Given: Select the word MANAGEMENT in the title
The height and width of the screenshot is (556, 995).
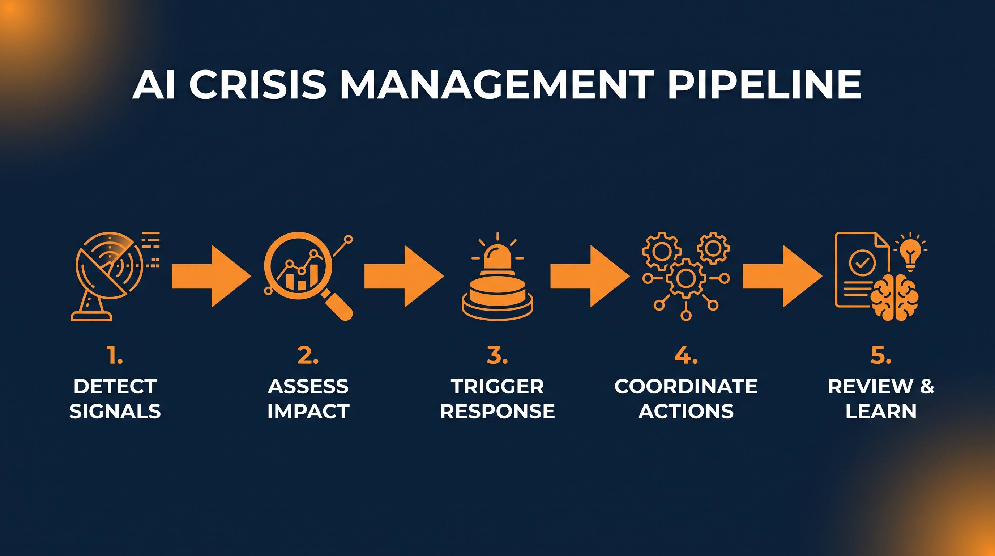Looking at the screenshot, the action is [x=494, y=85].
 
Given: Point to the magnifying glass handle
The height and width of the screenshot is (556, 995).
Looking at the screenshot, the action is [x=338, y=305].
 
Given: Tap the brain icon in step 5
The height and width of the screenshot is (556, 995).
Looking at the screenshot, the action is [x=894, y=297].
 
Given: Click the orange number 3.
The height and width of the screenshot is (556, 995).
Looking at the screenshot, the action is [x=497, y=356].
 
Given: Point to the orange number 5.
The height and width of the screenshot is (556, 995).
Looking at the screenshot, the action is [x=881, y=356].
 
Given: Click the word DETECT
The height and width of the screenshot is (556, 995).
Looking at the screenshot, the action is [x=115, y=386].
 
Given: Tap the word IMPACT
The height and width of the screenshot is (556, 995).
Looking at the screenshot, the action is [x=308, y=410].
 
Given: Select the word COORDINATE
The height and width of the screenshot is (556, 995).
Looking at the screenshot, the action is [x=686, y=386].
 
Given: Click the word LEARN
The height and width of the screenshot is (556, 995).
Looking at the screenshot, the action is [x=881, y=410].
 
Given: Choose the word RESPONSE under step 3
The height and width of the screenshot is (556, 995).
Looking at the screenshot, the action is [x=497, y=410].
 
